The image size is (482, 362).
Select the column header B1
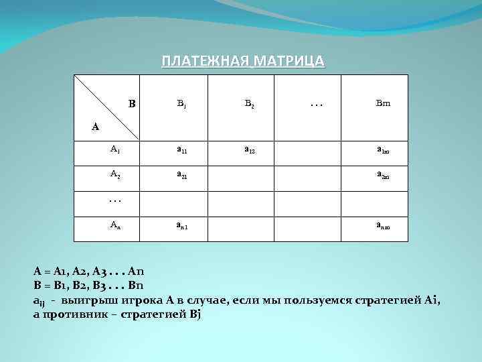click(181, 104)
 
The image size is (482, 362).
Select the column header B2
click(248, 104)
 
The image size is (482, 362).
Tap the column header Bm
click(382, 104)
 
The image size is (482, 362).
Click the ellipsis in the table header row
click(315, 104)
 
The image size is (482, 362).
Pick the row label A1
click(115, 149)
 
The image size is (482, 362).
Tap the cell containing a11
click(181, 151)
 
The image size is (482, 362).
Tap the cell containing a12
click(248, 151)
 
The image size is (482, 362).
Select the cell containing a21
click(181, 176)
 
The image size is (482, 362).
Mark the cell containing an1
click(181, 227)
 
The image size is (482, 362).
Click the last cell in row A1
click(382, 152)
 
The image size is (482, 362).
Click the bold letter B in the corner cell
click(132, 104)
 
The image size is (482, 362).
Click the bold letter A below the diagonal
click(95, 126)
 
